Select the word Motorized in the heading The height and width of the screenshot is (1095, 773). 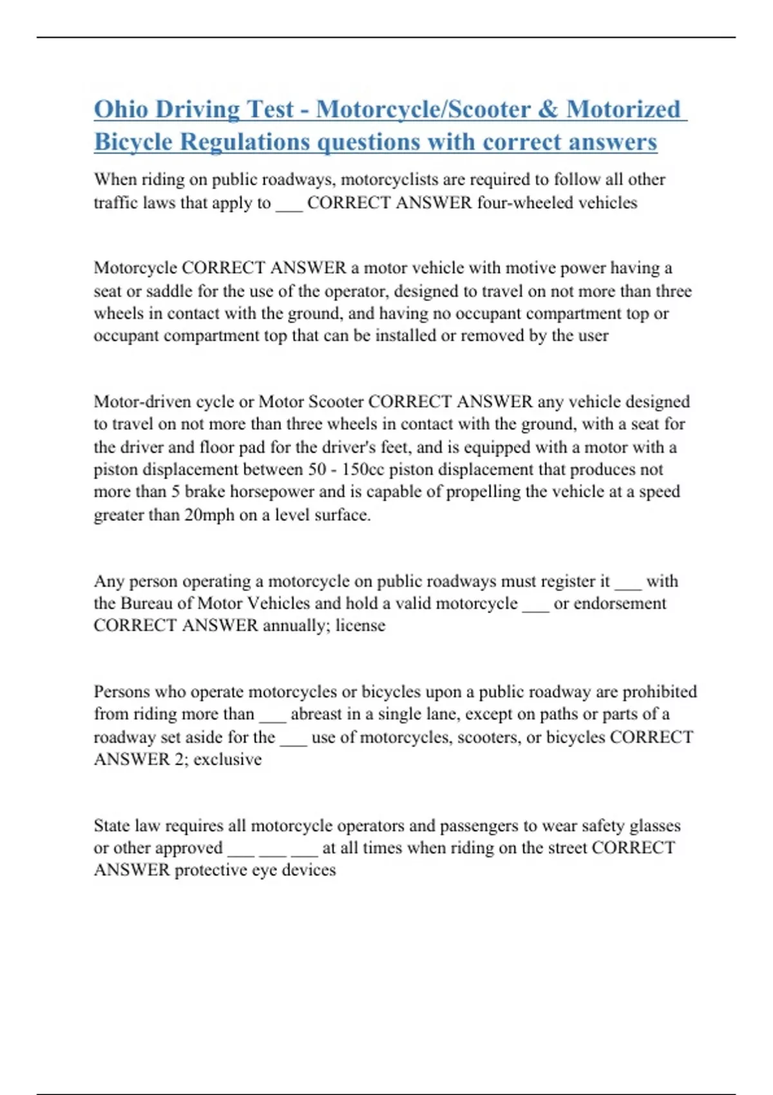coord(624,109)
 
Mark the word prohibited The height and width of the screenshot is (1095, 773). coord(660,692)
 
